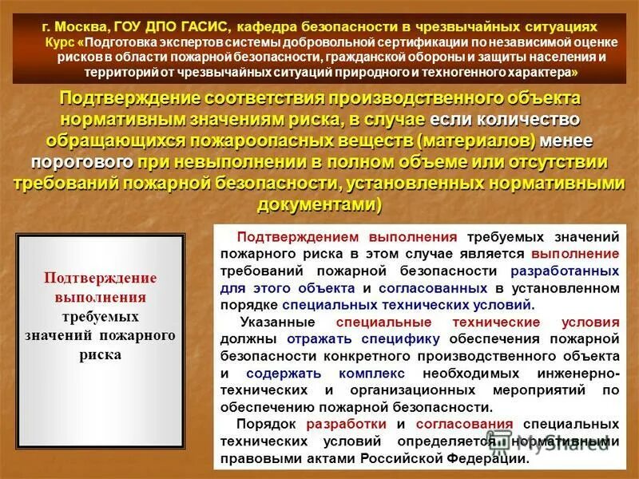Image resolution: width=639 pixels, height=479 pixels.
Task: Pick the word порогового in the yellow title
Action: (81, 162)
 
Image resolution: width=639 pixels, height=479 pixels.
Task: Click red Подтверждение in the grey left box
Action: (101, 279)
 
